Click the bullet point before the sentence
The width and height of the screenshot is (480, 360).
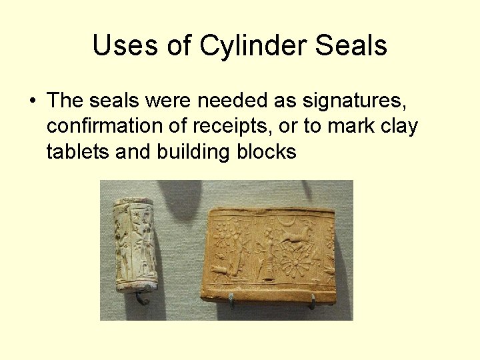click(32, 101)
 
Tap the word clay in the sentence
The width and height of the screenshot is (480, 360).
click(397, 127)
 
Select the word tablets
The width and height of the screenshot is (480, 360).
click(77, 152)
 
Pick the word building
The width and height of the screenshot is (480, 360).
click(193, 152)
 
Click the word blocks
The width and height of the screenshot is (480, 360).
click(266, 152)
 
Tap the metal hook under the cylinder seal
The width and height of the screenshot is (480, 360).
click(141, 298)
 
